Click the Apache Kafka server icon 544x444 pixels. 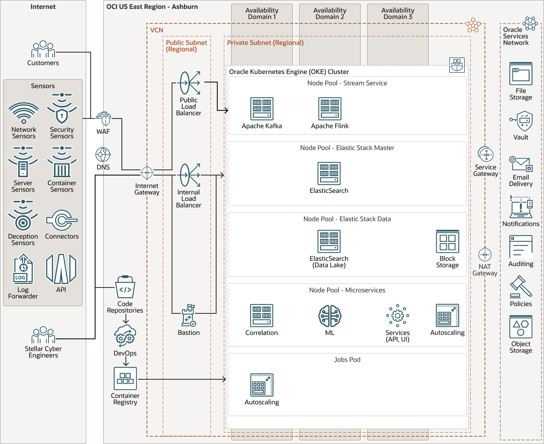[x=261, y=109]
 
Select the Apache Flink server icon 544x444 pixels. [x=329, y=109]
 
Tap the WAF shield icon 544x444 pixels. [x=103, y=119]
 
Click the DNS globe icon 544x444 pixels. [x=103, y=154]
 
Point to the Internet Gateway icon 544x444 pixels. [x=147, y=173]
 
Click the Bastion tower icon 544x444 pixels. [x=189, y=315]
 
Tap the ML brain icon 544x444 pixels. [x=329, y=316]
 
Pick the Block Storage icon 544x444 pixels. [x=447, y=241]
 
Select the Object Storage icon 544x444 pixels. [x=521, y=327]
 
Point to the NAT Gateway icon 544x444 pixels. [x=484, y=254]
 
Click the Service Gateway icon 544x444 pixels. [x=486, y=154]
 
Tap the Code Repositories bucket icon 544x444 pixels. [x=125, y=288]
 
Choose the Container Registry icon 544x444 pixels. [x=125, y=378]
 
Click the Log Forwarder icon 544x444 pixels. [x=23, y=269]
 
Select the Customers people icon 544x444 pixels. [x=43, y=49]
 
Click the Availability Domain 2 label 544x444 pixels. [x=329, y=13]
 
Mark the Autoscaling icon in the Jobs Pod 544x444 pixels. [x=261, y=385]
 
